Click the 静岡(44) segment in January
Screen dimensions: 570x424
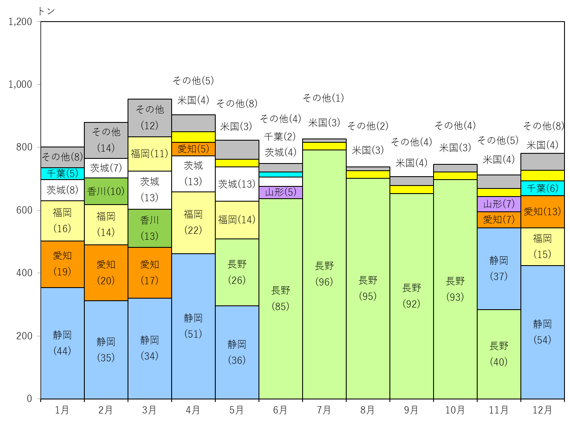[x=62, y=343]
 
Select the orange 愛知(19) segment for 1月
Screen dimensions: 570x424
[x=62, y=264]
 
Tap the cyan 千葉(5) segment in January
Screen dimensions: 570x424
[x=62, y=174]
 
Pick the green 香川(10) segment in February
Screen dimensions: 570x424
[x=106, y=191]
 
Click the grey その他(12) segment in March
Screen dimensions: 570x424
[x=150, y=118]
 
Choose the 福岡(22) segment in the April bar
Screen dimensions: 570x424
[x=193, y=222]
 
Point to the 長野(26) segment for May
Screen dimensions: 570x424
[x=237, y=272]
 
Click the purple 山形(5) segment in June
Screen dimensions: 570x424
[x=281, y=192]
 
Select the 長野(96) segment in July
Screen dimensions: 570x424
[x=324, y=274]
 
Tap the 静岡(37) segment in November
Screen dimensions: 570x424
[x=499, y=269]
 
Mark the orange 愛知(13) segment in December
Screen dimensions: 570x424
[x=542, y=212]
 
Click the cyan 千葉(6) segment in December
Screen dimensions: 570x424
[x=542, y=188]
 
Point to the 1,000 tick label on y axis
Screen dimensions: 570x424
[x=20, y=84]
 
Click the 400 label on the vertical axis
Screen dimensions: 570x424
[x=24, y=273]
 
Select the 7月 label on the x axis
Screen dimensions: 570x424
[x=324, y=410]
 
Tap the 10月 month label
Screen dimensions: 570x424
[x=455, y=410]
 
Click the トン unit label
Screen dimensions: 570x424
[x=46, y=11]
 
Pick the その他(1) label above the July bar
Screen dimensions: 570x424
[x=323, y=98]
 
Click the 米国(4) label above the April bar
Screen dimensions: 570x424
[x=193, y=100]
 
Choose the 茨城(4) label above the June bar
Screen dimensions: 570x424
[x=281, y=152]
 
